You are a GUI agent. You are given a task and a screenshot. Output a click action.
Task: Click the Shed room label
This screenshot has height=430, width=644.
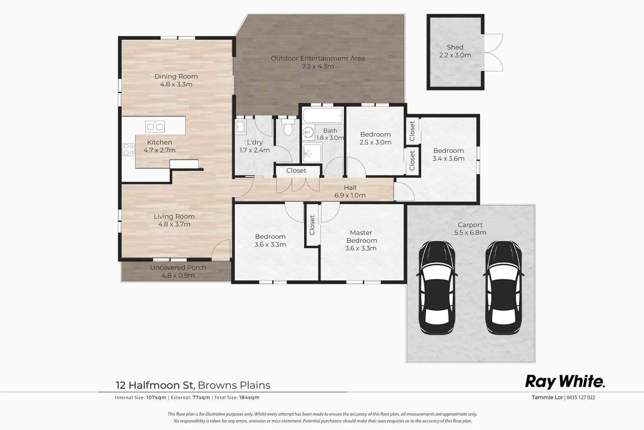click(x=455, y=47)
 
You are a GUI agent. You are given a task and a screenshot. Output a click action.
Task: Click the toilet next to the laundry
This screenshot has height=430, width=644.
click(x=288, y=128)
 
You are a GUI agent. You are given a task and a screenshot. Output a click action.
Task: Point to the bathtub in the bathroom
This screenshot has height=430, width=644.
click(x=323, y=115)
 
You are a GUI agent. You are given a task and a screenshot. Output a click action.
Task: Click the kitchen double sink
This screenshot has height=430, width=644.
click(x=155, y=127)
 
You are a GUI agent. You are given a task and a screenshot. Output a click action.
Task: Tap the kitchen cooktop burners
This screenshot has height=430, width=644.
click(x=129, y=150)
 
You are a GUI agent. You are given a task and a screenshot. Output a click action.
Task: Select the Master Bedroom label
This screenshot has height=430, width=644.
click(x=361, y=236)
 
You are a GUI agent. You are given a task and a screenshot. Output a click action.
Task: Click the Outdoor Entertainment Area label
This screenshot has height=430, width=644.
click(x=318, y=59)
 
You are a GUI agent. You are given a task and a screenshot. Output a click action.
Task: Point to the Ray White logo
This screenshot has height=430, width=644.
click(x=565, y=381)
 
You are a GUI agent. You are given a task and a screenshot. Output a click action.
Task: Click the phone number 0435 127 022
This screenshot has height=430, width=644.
click(x=581, y=397)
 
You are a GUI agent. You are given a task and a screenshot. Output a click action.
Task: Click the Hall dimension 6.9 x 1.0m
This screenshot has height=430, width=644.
click(x=350, y=195)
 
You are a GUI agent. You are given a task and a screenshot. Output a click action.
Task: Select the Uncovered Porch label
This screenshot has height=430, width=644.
click(x=178, y=268)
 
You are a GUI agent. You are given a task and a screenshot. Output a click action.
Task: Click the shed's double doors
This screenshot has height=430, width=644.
click(x=494, y=53)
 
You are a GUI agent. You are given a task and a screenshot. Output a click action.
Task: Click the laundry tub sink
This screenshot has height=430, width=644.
click(x=240, y=127)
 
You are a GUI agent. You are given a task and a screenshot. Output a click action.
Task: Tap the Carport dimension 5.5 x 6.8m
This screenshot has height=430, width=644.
click(x=470, y=233)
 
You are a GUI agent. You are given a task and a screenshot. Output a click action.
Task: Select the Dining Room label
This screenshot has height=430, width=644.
click(x=176, y=76)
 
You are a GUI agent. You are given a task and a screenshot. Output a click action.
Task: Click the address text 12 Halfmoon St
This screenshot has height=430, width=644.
click(x=154, y=385)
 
